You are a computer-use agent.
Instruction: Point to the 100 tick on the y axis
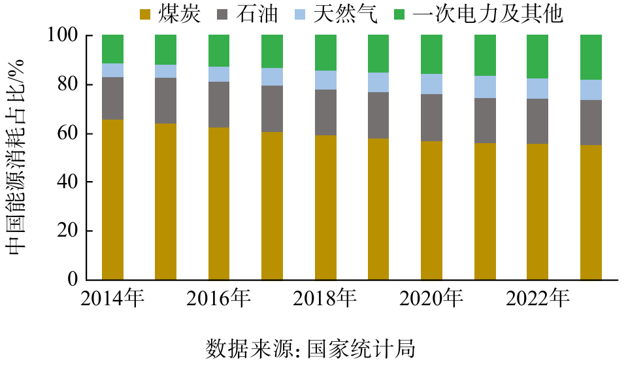pos(63,36)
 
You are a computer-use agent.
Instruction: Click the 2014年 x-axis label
pos(112,299)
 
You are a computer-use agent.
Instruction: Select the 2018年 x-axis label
pos(325,299)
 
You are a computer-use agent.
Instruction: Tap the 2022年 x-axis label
pos(538,299)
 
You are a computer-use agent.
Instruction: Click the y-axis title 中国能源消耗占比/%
pos(16,157)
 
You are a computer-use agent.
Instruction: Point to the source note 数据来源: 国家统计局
pos(311,348)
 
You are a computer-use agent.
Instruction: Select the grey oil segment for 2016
pos(219,105)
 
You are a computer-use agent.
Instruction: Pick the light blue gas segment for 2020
pos(432,84)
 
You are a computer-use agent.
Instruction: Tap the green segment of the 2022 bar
pos(538,56)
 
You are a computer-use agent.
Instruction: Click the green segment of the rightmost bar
pos(591,57)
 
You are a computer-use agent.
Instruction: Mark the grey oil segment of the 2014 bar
pos(112,98)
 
